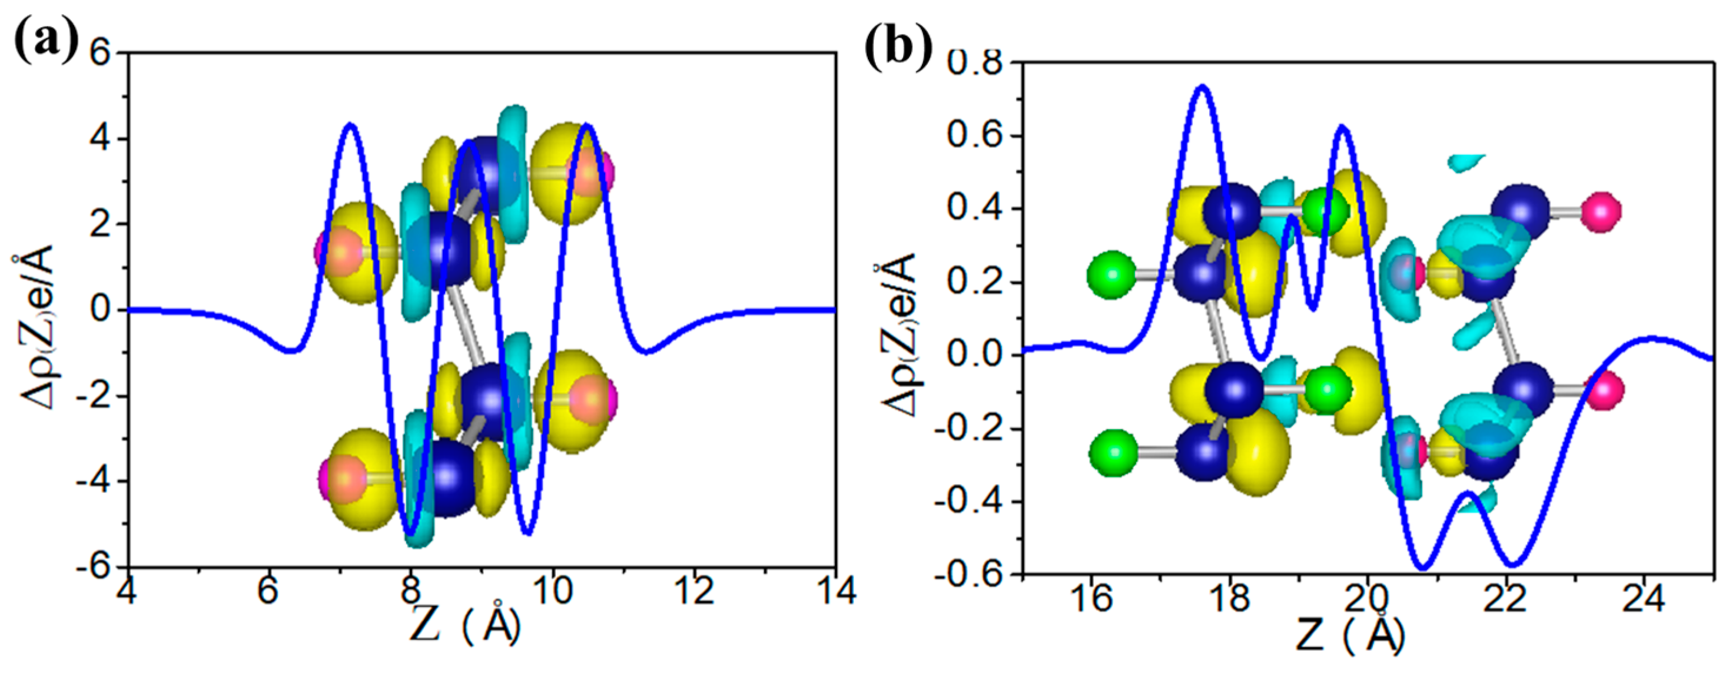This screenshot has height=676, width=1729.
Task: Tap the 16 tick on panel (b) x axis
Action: click(x=1091, y=598)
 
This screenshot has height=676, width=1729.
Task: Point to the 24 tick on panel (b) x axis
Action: click(x=1644, y=598)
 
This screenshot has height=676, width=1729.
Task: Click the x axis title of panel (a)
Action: click(x=465, y=628)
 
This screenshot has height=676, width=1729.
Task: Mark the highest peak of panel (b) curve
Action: click(x=1202, y=86)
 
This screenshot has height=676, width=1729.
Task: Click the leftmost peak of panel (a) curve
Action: click(x=350, y=124)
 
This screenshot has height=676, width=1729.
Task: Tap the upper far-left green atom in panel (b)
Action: click(x=1111, y=274)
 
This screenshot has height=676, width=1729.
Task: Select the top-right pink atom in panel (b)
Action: click(x=1600, y=211)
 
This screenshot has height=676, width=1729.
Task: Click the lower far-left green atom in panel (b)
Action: click(x=1113, y=453)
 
